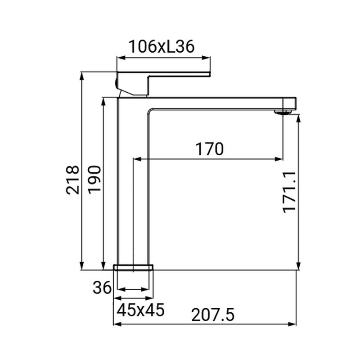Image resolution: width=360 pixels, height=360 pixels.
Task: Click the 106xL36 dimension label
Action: [162, 46]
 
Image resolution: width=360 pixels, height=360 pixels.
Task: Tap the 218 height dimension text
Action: [72, 180]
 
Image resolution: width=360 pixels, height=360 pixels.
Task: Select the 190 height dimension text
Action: [95, 179]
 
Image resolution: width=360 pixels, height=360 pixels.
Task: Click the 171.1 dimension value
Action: [290, 191]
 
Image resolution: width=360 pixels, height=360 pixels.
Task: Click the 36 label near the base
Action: [102, 288]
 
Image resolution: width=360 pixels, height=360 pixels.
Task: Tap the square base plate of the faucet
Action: [133, 268]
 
